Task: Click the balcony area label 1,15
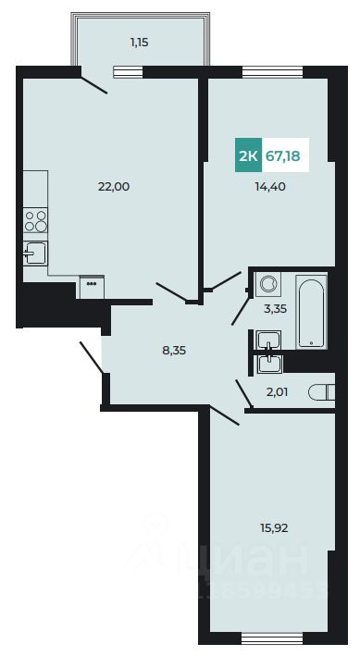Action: coord(139,42)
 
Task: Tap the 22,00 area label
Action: coord(114,186)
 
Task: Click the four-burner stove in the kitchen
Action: coord(36,220)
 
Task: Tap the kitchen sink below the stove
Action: coord(34,252)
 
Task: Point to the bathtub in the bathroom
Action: coord(311,311)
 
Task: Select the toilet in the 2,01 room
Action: coord(322,392)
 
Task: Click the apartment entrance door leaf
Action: coord(90,356)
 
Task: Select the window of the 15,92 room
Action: coord(267,638)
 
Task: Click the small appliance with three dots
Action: coord(92,286)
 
